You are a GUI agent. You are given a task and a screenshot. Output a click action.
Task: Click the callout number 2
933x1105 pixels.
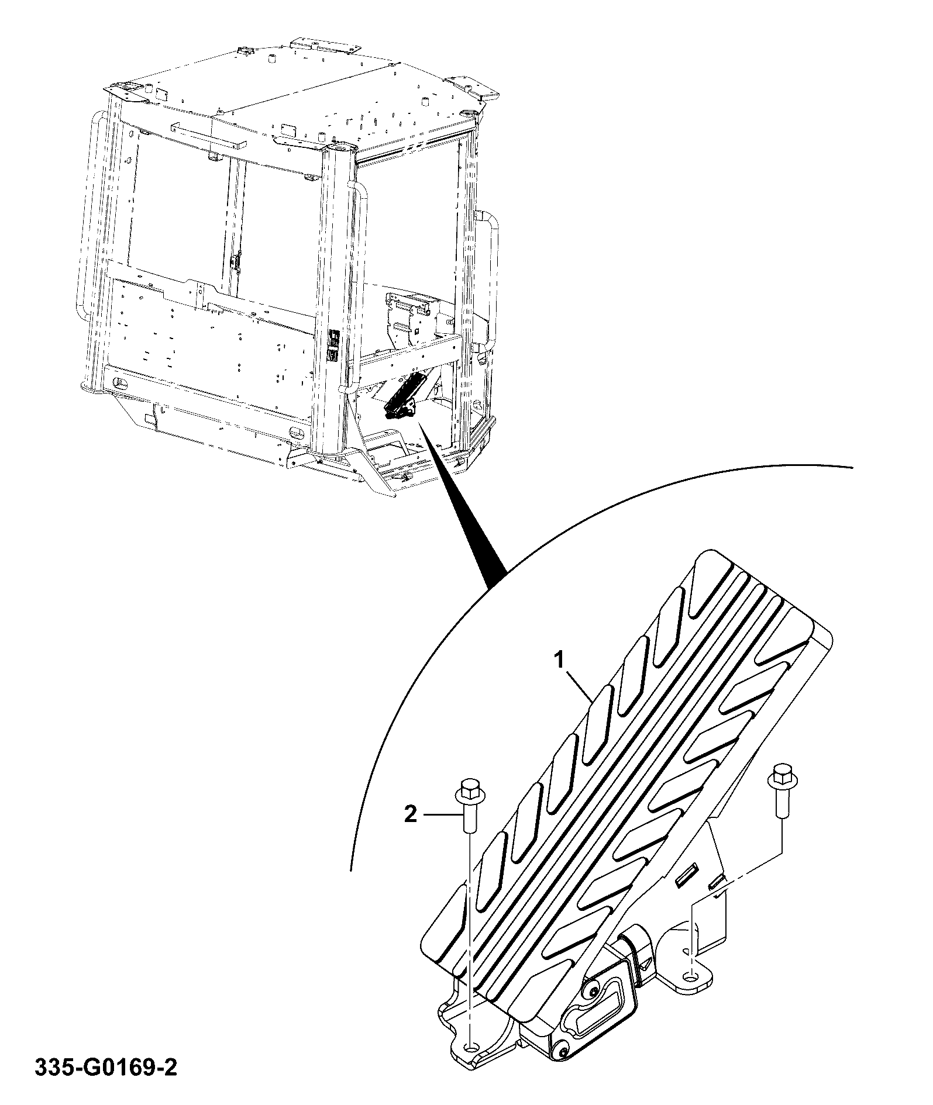(411, 814)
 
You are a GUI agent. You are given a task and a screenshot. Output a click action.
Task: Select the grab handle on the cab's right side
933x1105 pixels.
(490, 281)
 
